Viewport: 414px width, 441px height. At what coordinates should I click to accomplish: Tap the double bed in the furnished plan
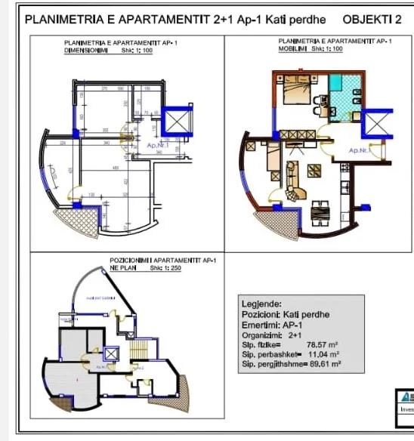pyautogui.click(x=292, y=94)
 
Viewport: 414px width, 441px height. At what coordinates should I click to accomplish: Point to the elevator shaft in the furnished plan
pyautogui.click(x=377, y=123)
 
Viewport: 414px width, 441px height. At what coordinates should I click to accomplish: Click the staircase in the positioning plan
pyautogui.click(x=138, y=350)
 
